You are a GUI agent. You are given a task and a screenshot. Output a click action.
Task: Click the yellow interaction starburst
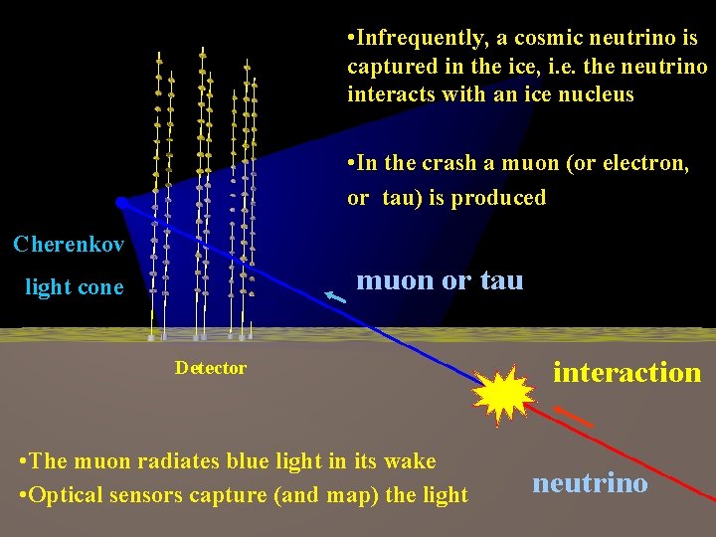pyautogui.click(x=503, y=396)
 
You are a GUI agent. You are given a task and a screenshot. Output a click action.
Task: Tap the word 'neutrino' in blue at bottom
pyautogui.click(x=590, y=483)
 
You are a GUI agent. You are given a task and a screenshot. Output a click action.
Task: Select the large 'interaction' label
pyautogui.click(x=626, y=373)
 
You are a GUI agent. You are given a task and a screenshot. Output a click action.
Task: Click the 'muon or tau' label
pyautogui.click(x=440, y=280)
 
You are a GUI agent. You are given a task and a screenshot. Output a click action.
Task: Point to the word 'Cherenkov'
pyautogui.click(x=69, y=244)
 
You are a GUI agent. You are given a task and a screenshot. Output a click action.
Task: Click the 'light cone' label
pyautogui.click(x=75, y=287)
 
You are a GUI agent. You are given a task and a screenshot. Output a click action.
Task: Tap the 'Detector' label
pyautogui.click(x=211, y=368)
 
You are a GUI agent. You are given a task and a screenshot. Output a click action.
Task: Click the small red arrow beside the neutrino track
pyautogui.click(x=573, y=417)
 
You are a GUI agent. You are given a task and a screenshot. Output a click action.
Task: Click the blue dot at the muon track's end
pyautogui.click(x=121, y=203)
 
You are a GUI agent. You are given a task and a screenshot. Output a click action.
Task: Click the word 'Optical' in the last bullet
pyautogui.click(x=66, y=494)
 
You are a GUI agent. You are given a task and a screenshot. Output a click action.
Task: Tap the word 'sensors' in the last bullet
pyautogui.click(x=148, y=494)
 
